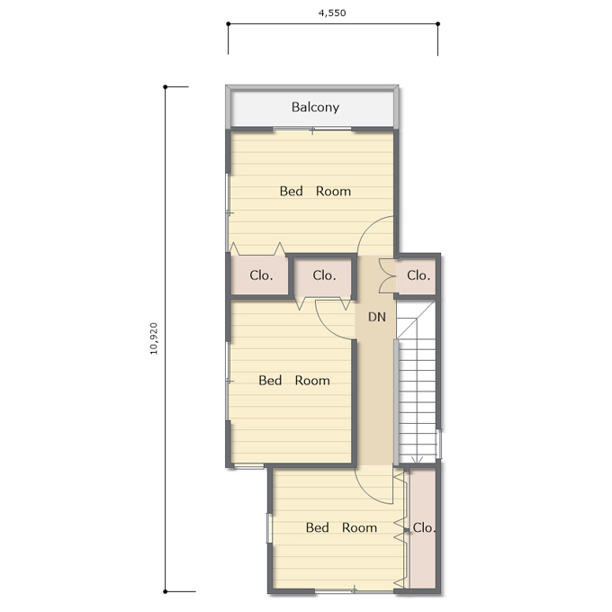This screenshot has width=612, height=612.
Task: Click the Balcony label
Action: click(315, 107)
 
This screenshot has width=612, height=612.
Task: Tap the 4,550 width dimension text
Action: click(332, 13)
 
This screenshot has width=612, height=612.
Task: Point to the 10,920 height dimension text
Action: click(154, 338)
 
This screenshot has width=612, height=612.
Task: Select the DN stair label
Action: click(377, 317)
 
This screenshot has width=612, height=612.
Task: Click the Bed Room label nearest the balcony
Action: click(315, 191)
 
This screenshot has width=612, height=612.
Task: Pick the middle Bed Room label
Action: click(294, 381)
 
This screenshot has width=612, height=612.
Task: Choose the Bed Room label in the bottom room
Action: click(341, 527)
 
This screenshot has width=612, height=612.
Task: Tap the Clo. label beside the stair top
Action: click(418, 275)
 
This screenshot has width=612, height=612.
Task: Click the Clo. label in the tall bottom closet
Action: click(424, 527)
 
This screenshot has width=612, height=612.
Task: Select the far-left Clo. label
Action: click(261, 275)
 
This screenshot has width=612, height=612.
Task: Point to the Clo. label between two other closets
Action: click(324, 275)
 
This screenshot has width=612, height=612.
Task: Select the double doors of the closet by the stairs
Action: click(387, 276)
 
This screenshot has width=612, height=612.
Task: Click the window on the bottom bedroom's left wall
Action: click(269, 528)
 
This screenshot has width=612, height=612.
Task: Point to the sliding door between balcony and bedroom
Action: click(312, 130)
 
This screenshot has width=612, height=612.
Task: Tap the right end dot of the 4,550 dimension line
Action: click(438, 23)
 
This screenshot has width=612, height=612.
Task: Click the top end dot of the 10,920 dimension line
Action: click(165, 86)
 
